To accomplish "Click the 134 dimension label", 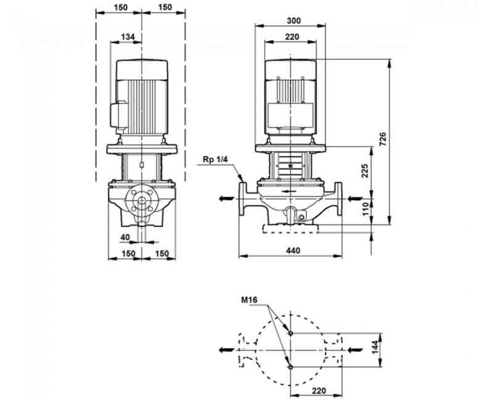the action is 128,37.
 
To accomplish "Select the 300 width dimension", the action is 294,20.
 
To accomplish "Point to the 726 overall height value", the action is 382,139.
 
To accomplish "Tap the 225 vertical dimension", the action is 364,171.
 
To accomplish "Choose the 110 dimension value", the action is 365,209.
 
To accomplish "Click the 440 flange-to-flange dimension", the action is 294,250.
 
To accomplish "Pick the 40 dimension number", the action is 125,237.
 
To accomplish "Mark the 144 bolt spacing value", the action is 375,347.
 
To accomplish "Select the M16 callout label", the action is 249,300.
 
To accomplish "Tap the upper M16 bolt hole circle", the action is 291,333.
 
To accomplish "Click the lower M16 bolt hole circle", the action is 291,366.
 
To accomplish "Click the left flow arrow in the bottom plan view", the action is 226,350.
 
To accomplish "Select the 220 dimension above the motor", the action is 292,37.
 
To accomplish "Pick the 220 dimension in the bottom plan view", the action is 319,391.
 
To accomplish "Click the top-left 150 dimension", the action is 120,7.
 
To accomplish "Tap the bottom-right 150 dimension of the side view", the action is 162,254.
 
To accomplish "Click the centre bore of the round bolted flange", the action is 142,200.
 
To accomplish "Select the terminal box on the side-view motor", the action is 119,117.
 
